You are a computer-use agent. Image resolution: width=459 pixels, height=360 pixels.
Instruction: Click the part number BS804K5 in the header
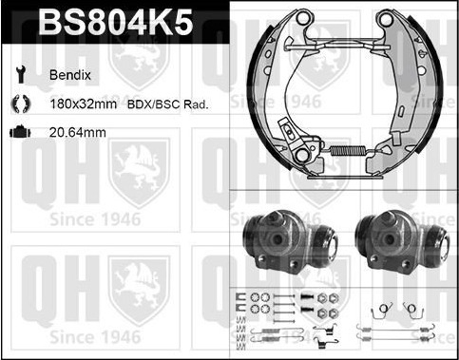click(116, 22)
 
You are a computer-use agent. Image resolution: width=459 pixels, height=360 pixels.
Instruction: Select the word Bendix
click(70, 75)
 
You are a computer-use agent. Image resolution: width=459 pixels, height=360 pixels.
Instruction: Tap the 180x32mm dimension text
click(83, 104)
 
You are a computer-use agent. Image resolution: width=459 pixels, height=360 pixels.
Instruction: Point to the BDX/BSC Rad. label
click(168, 104)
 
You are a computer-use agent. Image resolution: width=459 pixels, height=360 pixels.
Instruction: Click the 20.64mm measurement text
click(78, 132)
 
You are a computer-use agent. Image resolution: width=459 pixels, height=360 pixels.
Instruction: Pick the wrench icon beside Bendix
click(21, 74)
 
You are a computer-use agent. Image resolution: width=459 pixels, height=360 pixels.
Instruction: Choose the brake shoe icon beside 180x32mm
click(21, 104)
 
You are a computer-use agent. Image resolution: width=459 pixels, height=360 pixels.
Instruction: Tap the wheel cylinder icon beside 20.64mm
click(20, 132)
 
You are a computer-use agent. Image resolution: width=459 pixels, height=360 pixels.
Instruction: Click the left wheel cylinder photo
click(290, 243)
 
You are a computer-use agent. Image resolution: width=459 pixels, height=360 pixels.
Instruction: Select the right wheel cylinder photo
click(402, 243)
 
